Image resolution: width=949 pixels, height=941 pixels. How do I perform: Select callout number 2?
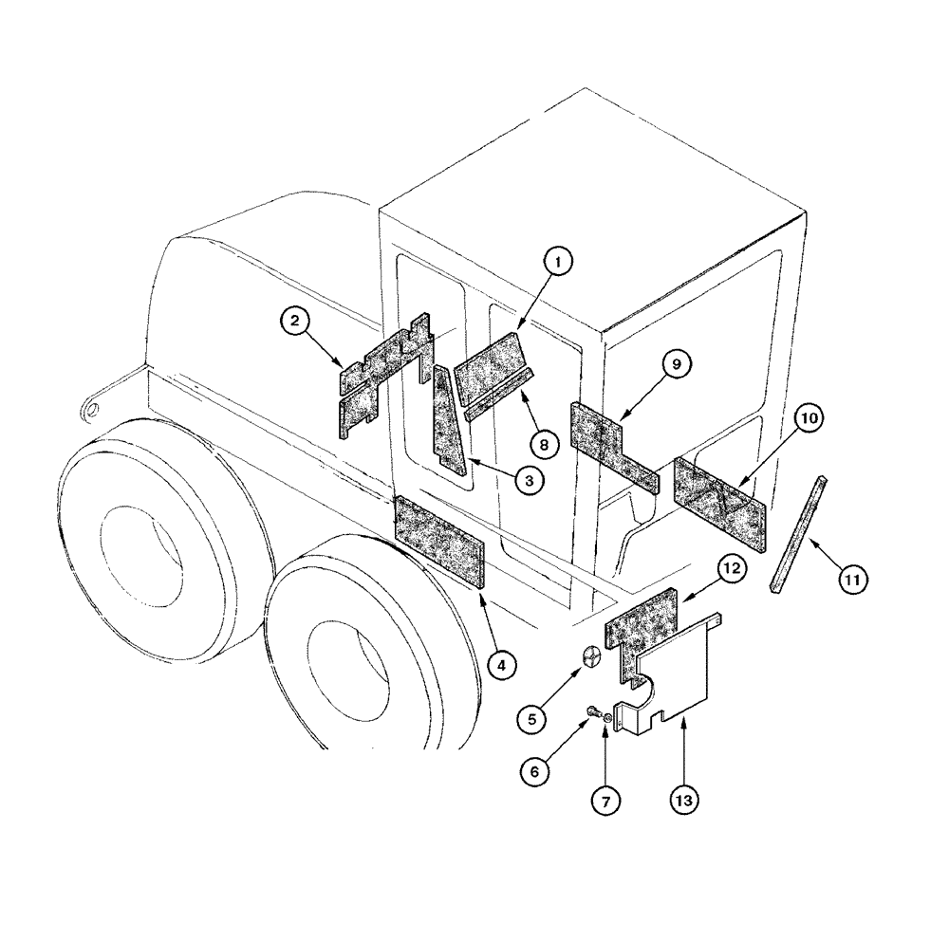[x=296, y=323]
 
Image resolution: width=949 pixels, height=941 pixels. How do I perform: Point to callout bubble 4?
[x=505, y=666]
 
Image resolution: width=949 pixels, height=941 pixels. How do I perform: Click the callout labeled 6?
[x=535, y=773]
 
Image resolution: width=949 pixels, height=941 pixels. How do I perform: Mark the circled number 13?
[x=685, y=800]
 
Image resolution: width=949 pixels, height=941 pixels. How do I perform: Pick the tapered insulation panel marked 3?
[x=447, y=422]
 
